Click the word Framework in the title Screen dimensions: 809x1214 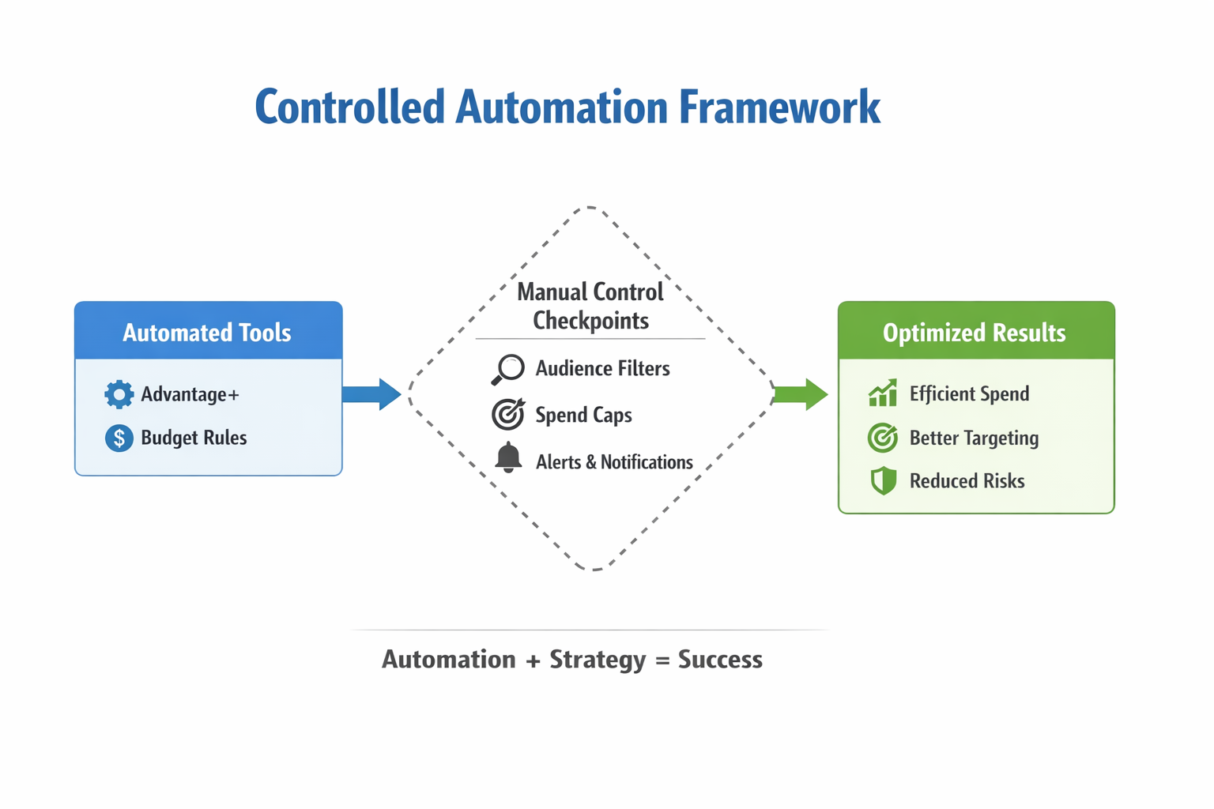[x=779, y=107]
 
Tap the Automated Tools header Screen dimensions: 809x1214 [x=207, y=333]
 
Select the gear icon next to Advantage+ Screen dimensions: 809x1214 [x=119, y=394]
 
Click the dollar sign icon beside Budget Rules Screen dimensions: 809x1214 [x=119, y=438]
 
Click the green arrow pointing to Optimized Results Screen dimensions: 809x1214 [x=800, y=394]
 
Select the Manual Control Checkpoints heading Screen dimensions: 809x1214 [x=590, y=307]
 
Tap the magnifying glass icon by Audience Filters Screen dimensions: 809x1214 [x=508, y=369]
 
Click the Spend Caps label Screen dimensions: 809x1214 [x=583, y=415]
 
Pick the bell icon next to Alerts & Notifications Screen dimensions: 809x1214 [x=508, y=458]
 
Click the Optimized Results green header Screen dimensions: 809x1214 [x=975, y=333]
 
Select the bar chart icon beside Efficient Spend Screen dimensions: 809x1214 [x=883, y=393]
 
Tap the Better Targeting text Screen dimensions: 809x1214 [x=974, y=438]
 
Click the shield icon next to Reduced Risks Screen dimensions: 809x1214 [x=883, y=480]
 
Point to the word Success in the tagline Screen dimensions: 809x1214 [x=720, y=660]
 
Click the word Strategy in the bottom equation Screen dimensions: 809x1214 [x=598, y=660]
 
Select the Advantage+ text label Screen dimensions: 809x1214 [x=190, y=394]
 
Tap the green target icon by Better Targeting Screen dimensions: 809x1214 [x=883, y=438]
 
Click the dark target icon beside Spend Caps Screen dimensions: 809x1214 [x=508, y=414]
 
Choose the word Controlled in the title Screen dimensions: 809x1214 [x=349, y=107]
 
